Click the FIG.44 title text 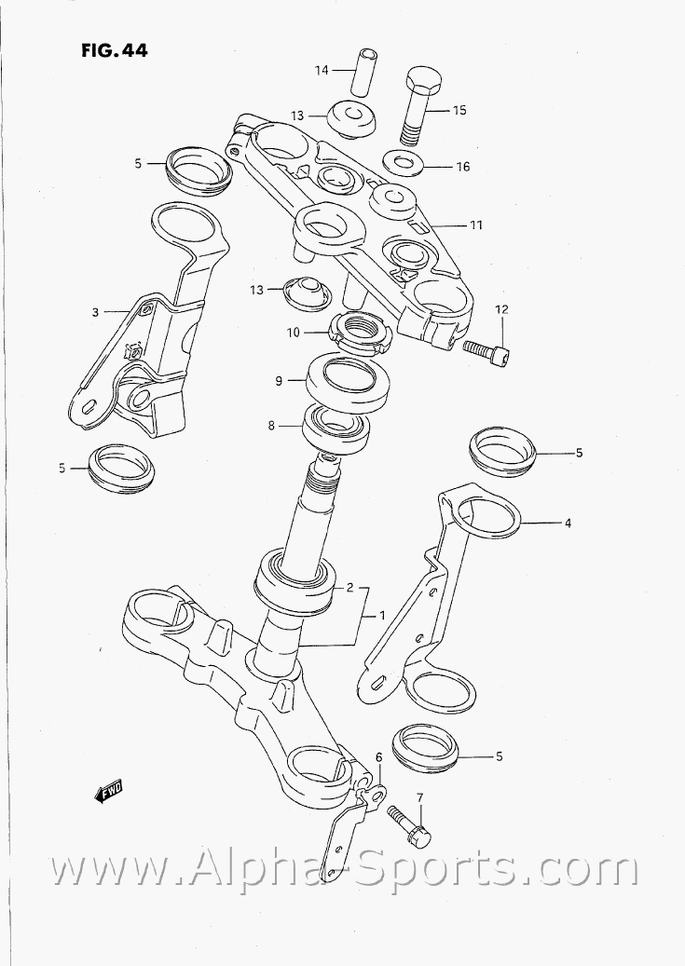point(115,50)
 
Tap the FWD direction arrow point(108,792)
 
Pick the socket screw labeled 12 point(487,354)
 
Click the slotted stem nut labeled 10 point(361,333)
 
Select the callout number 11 point(476,225)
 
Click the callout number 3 point(95,312)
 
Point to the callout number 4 point(568,524)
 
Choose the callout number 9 point(279,381)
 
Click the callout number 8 point(271,425)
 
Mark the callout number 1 point(382,615)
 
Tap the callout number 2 point(349,587)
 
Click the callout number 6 point(378,756)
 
